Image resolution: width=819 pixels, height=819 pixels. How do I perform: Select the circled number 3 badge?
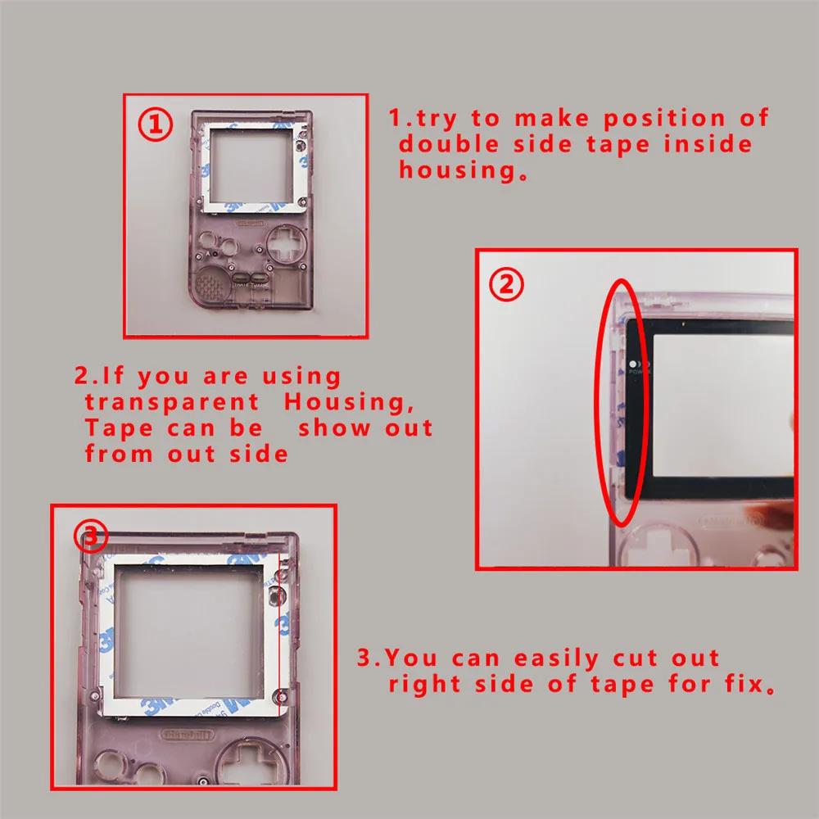[x=91, y=536]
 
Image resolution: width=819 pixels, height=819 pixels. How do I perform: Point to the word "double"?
[x=447, y=144]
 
